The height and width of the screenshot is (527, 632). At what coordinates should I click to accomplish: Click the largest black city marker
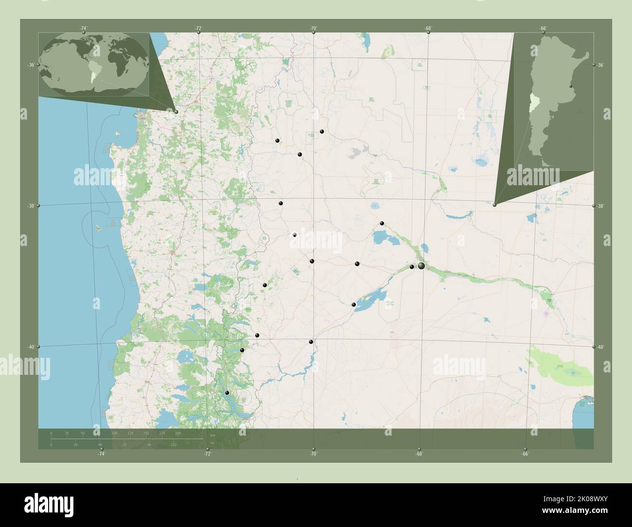click(x=421, y=266)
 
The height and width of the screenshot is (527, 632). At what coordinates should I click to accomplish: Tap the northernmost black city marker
click(x=322, y=131)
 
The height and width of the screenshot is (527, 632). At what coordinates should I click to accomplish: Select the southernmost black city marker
click(x=227, y=392)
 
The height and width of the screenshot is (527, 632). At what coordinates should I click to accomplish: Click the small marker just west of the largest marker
click(x=412, y=266)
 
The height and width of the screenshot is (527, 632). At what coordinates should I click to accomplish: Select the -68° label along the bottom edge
click(x=419, y=454)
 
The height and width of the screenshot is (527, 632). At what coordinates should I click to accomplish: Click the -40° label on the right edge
click(x=601, y=347)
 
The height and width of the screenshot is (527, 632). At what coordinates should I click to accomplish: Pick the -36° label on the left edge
click(x=30, y=65)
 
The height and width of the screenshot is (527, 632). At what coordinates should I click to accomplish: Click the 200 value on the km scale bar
click(x=178, y=433)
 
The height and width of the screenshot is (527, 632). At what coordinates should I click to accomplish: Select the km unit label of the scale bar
click(x=212, y=435)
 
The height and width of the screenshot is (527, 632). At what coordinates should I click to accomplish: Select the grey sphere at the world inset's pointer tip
click(x=176, y=112)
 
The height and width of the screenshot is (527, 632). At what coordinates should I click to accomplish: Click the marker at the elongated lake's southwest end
click(x=354, y=305)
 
